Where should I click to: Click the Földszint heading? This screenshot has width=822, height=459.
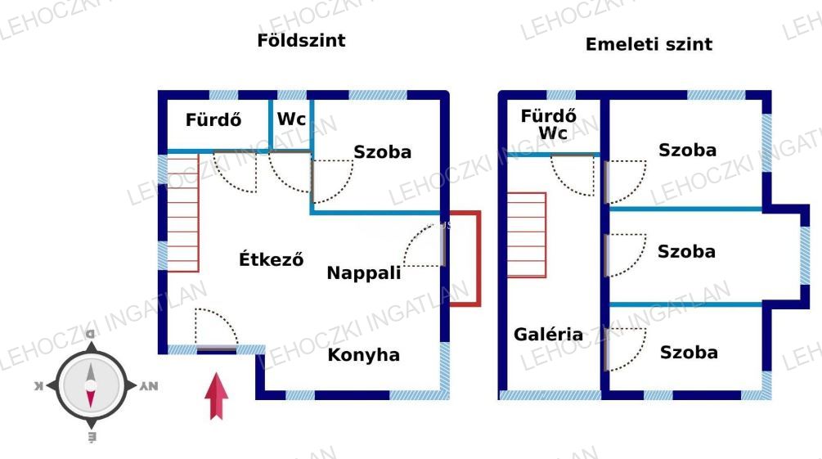click(x=301, y=41)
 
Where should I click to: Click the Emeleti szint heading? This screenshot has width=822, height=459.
click(x=648, y=44)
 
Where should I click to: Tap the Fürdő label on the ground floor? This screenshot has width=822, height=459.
click(x=213, y=120)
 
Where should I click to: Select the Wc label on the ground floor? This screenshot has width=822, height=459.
click(x=291, y=119)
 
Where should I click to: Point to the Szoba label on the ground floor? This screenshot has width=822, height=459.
click(x=382, y=152)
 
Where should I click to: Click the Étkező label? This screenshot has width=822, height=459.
click(x=272, y=260)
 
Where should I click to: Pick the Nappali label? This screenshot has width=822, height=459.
click(x=363, y=273)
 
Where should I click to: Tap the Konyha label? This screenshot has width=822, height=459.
click(x=363, y=355)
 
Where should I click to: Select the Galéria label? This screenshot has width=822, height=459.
click(x=548, y=334)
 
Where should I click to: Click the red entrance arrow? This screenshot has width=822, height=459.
click(x=216, y=395)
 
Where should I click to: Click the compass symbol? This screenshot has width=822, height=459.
click(x=91, y=385)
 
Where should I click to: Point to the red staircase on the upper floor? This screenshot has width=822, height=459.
click(x=526, y=235)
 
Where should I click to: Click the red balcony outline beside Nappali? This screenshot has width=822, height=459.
click(x=466, y=259)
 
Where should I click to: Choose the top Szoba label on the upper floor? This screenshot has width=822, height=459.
click(x=687, y=150)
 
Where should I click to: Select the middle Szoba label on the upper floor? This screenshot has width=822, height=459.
click(x=686, y=251)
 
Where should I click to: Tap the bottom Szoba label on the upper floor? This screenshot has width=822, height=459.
click(x=689, y=353)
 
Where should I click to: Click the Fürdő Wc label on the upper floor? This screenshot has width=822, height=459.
click(x=548, y=124)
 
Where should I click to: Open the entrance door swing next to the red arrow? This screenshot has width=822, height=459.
click(x=215, y=329)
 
